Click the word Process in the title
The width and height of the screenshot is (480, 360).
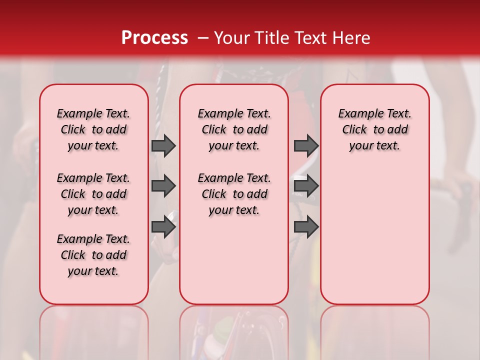154,38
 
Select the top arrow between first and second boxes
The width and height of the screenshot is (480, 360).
163,146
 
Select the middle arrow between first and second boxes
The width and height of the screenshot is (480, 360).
163,186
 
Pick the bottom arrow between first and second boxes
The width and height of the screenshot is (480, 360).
163,227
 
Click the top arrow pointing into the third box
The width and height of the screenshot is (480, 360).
306,146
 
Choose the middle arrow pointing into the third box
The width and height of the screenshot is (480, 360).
306,186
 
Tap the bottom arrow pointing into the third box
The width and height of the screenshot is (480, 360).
306,227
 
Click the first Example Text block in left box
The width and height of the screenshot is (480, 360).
93,129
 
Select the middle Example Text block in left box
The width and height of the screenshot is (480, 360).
93,194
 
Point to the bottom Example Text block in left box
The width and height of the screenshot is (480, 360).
93,255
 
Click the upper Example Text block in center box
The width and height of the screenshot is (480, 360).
234,129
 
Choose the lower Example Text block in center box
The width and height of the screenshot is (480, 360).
234,194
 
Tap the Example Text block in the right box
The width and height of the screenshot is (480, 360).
374,129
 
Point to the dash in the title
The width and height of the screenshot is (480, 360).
203,38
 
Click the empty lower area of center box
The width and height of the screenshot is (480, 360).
234,260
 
